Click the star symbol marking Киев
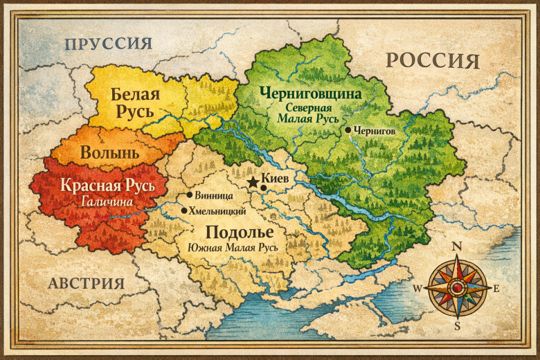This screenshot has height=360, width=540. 253,181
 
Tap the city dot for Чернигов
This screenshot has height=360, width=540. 347,129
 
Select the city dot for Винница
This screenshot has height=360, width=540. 189,195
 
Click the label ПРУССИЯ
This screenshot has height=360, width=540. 108,44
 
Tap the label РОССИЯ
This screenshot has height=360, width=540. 433,60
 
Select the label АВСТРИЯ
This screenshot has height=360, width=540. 87,283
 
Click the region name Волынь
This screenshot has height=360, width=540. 110,152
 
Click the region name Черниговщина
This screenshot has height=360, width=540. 311,92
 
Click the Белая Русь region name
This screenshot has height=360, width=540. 136,103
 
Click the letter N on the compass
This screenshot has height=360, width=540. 456,246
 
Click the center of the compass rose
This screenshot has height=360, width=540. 456,287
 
